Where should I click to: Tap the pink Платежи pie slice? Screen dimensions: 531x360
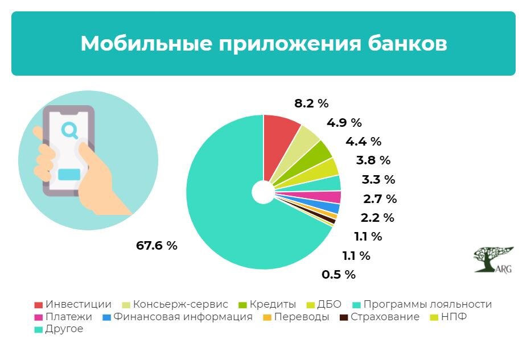(x=325, y=197)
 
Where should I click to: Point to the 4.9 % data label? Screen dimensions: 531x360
(x=344, y=122)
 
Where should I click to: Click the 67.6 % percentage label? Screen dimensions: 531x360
(x=157, y=245)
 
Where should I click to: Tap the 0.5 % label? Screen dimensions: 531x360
(x=339, y=274)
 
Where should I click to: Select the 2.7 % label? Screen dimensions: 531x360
(x=380, y=198)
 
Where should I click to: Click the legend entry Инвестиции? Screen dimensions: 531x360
(x=73, y=304)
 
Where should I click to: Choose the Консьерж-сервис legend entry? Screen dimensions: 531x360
(x=175, y=304)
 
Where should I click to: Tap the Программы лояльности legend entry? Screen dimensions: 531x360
(x=422, y=304)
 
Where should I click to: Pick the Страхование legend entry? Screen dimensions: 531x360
(x=379, y=317)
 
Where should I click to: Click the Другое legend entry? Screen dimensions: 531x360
(x=59, y=329)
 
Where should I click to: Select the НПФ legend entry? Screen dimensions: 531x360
(x=448, y=317)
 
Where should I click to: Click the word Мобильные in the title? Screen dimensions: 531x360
(x=147, y=44)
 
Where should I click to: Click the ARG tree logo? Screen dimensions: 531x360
(x=493, y=259)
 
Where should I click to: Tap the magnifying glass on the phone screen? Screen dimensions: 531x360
(x=70, y=131)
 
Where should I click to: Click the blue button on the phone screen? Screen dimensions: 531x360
(x=69, y=175)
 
